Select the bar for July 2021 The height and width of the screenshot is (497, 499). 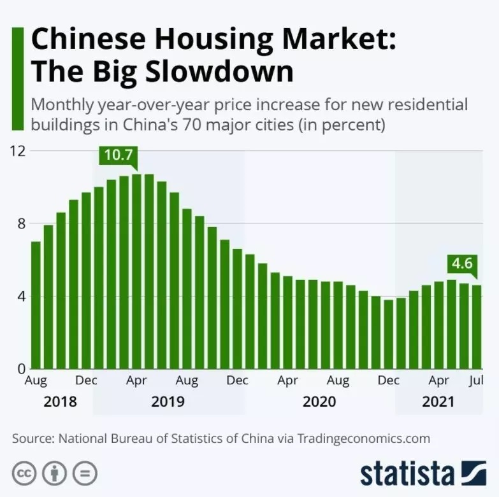477,327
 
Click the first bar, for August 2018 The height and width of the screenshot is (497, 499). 36,305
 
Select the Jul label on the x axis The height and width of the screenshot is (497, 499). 476,381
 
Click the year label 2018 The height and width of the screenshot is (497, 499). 60,402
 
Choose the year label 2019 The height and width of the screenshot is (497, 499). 168,402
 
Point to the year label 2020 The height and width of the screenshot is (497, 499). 319,402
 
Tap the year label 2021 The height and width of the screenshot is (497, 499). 438,402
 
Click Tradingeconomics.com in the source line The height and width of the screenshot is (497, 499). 363,438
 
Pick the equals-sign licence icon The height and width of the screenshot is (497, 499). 84,473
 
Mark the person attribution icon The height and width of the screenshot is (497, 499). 54,473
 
